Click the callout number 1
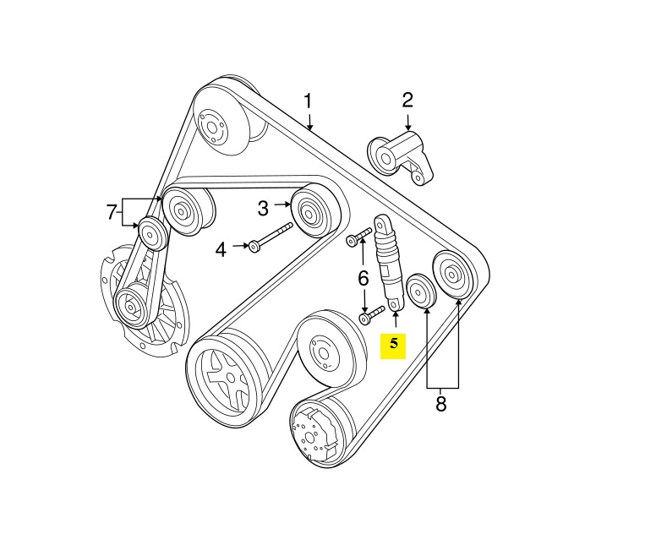point(308,101)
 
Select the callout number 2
point(407,101)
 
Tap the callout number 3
point(263,207)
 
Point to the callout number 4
point(221,249)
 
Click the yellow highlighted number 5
point(393,345)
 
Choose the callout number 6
point(364,278)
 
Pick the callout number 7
point(111,213)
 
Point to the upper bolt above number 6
point(359,237)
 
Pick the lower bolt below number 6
point(371,316)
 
